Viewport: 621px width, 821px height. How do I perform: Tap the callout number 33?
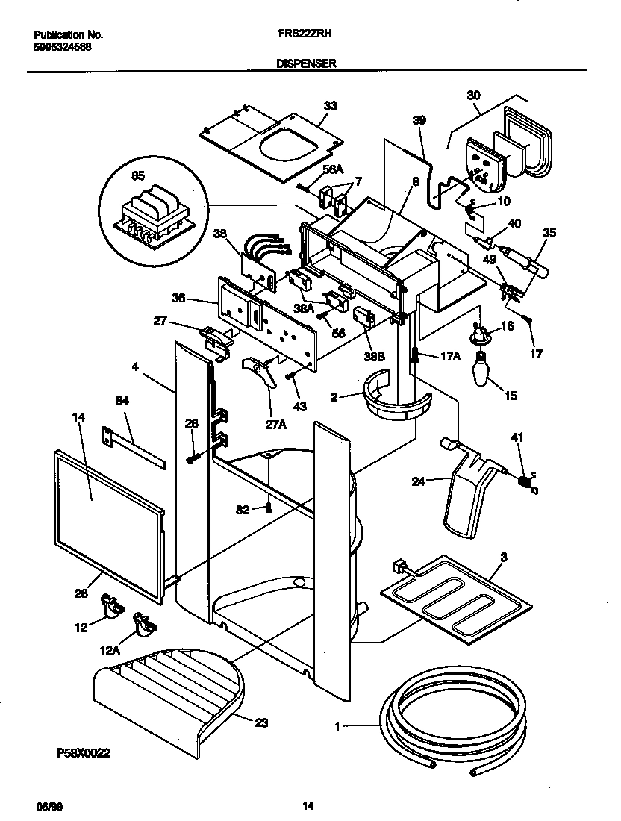331,105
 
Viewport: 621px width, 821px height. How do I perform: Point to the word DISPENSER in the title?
306,65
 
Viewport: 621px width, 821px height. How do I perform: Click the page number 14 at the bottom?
308,805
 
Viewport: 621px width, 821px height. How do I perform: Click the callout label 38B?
375,357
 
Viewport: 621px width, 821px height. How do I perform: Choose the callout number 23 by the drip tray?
260,722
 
